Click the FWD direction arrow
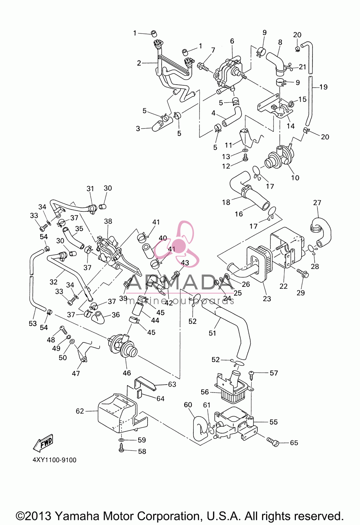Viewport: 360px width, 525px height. coord(43,443)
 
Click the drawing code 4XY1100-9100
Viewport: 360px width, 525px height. coord(55,460)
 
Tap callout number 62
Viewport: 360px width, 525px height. coord(80,411)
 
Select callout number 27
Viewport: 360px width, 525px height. coord(317,202)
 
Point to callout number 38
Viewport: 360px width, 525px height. coord(108,221)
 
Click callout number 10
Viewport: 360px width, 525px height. coord(295,178)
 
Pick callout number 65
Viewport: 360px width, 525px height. coord(294,443)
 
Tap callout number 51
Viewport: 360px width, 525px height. coord(212,333)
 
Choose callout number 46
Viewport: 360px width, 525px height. coord(127,373)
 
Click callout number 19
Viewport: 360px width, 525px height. coord(323,87)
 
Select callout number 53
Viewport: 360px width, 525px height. coord(33,323)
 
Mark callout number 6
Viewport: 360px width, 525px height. coord(232,41)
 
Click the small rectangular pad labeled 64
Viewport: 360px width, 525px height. coord(139,394)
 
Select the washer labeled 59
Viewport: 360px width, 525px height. coord(121,439)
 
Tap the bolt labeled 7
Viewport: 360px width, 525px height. coord(203,66)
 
